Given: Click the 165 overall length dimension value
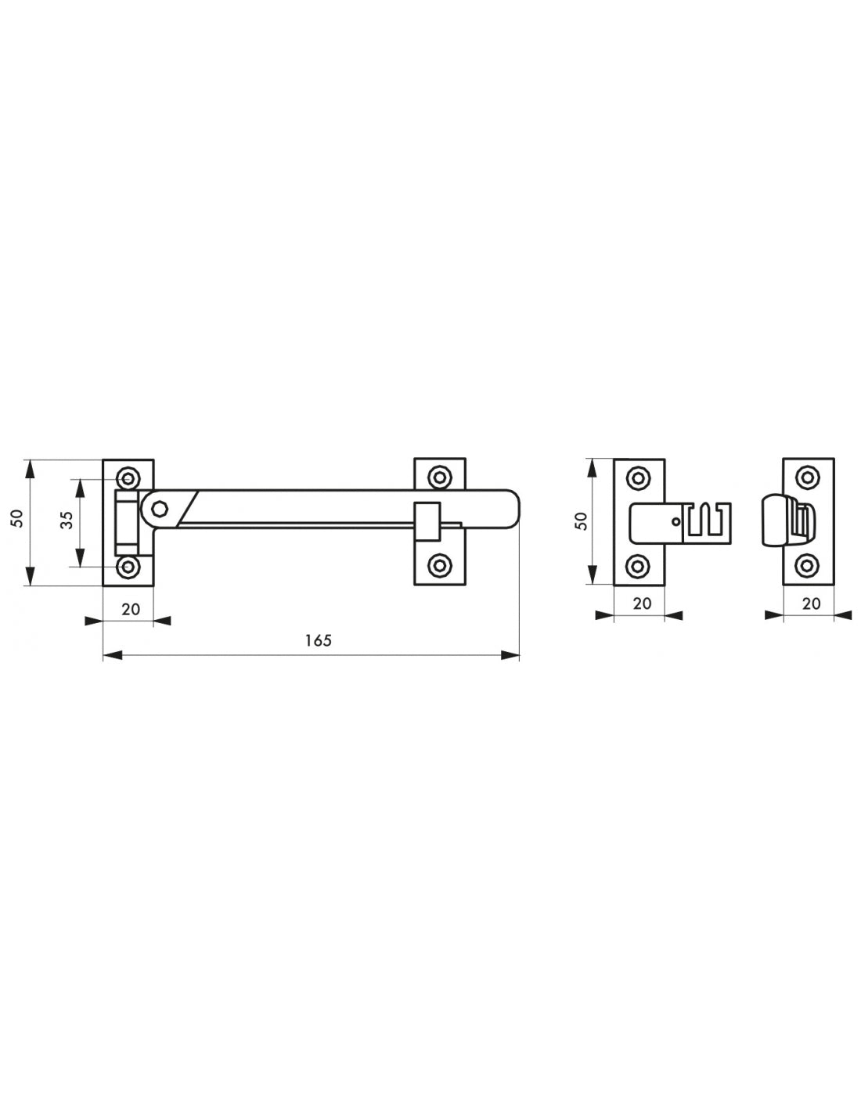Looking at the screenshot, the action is [x=318, y=640].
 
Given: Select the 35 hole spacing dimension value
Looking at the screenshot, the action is [x=68, y=520].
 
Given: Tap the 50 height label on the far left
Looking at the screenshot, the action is [x=17, y=518].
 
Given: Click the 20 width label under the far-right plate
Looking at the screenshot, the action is [x=811, y=604].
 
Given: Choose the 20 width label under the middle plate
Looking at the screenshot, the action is [x=642, y=604].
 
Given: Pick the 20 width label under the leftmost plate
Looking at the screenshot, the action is [x=131, y=610].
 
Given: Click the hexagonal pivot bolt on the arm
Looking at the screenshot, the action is [x=160, y=509].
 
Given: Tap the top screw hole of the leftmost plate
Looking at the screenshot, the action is [x=128, y=478].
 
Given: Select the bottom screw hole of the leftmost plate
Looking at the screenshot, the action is [x=128, y=567].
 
